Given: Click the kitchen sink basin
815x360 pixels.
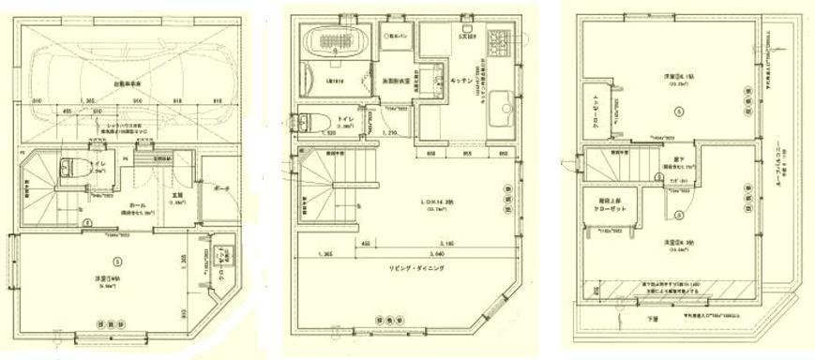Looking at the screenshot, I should pos(493,101).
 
